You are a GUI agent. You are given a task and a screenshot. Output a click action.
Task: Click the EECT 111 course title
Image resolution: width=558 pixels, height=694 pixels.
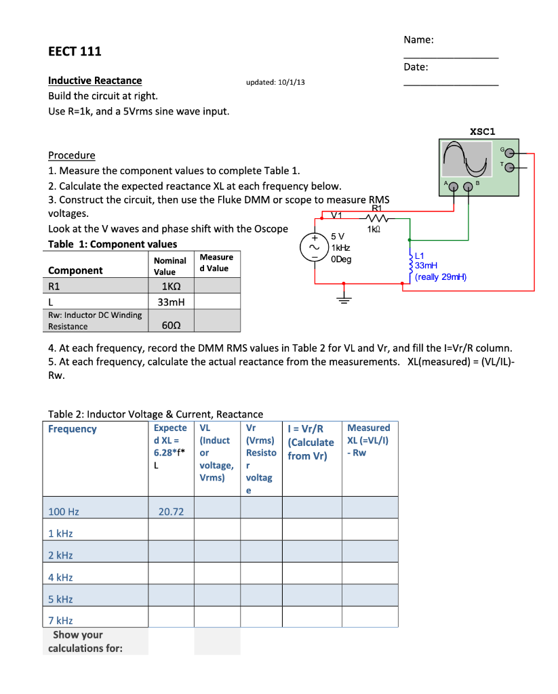tap(75, 52)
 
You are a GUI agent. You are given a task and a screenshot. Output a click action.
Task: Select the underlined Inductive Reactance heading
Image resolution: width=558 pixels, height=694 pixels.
tap(95, 81)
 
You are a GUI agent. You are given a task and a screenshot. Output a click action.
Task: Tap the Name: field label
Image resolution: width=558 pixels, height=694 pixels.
tap(418, 40)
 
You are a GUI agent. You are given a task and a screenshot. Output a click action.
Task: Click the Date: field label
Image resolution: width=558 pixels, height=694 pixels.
tap(416, 66)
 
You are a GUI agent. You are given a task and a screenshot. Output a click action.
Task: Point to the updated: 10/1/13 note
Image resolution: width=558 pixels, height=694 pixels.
tap(275, 82)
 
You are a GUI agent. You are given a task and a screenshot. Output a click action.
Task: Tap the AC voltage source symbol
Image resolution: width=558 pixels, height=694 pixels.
tap(315, 249)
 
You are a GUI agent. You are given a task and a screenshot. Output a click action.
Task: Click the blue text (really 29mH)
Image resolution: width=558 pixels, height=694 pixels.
tap(441, 277)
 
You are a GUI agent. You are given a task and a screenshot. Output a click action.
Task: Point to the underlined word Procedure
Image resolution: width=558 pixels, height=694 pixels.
tap(72, 155)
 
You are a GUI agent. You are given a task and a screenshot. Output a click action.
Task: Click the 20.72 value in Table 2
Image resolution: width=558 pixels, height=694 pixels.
tap(171, 512)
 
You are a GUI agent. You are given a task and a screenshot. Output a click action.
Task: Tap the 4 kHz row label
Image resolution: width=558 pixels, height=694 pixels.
tap(60, 577)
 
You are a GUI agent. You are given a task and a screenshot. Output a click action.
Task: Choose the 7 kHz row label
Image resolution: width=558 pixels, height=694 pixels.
tap(60, 620)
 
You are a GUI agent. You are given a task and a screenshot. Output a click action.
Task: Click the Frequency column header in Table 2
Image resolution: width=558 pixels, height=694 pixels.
tap(73, 429)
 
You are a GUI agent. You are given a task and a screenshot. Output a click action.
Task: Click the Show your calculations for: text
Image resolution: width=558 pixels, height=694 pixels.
tap(85, 642)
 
